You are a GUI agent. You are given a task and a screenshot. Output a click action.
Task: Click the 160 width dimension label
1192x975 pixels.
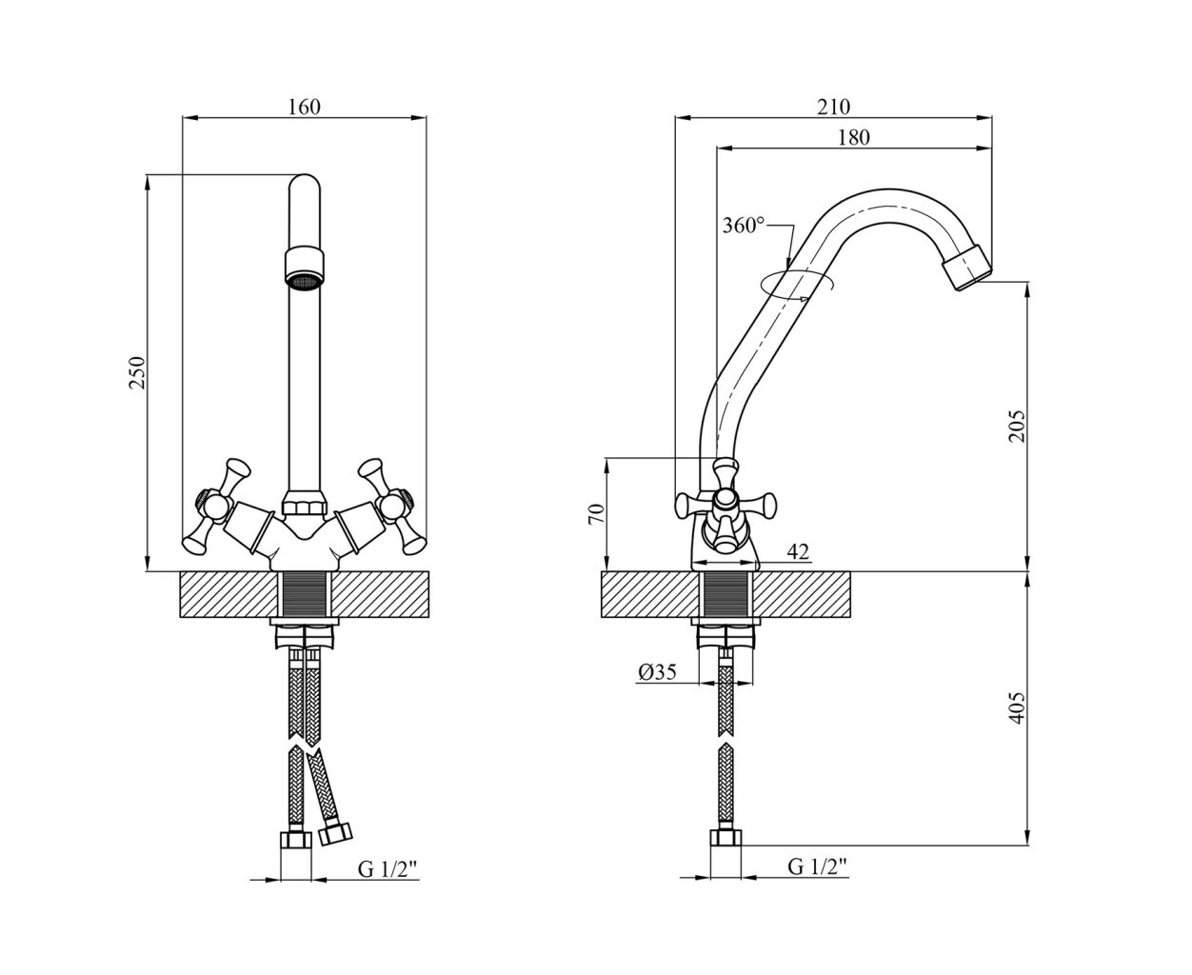tap(304, 107)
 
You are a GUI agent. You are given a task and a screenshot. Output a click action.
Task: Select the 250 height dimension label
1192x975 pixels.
tap(137, 372)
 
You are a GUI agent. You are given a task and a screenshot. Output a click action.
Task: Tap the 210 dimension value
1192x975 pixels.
tap(833, 107)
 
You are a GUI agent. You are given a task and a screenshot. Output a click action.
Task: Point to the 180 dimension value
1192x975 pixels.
tap(853, 137)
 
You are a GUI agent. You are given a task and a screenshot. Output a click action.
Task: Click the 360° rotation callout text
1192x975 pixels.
tap(744, 226)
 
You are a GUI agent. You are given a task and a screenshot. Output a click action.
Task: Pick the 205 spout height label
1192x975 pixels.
tap(1017, 427)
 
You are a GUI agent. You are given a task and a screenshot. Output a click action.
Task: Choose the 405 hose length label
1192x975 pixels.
tap(1017, 707)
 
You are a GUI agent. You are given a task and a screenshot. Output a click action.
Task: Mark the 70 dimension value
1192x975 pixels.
tap(597, 514)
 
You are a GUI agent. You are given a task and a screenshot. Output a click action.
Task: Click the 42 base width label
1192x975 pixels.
tap(798, 551)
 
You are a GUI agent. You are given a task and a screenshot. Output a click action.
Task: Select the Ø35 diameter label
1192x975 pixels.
tap(657, 671)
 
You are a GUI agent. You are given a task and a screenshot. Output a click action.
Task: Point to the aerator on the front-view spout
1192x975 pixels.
tap(305, 269)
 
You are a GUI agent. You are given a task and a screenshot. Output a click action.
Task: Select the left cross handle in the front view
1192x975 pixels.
tap(216, 505)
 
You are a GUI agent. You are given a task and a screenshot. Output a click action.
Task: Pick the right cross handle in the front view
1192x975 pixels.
tap(392, 506)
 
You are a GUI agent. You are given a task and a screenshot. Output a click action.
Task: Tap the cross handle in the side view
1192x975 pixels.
tap(725, 505)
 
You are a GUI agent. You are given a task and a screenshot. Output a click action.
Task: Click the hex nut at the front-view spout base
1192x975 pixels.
tap(304, 503)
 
